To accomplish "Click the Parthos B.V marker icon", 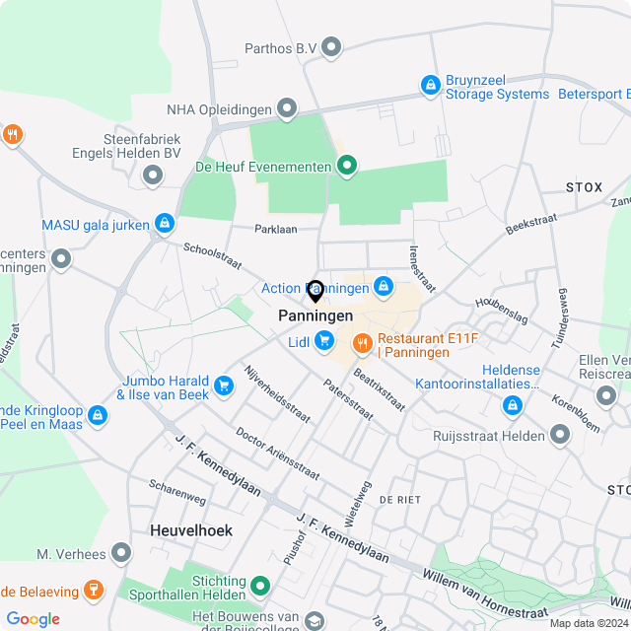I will [331, 46].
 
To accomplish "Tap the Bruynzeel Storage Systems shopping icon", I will [430, 86].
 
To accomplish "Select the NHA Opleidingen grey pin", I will [287, 107].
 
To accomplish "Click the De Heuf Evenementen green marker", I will [346, 167].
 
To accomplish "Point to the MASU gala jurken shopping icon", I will [165, 225].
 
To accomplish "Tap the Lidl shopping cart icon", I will [324, 341].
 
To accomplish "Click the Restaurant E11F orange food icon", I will [362, 343].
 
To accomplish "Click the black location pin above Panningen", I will [315, 291].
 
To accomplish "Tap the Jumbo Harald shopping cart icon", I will [224, 386].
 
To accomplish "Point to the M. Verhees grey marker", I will [121, 553].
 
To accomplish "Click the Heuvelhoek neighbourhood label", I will [191, 529].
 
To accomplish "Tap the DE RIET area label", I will [399, 500].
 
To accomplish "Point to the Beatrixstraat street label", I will [379, 388].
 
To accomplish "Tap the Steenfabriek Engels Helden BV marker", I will [153, 175].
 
